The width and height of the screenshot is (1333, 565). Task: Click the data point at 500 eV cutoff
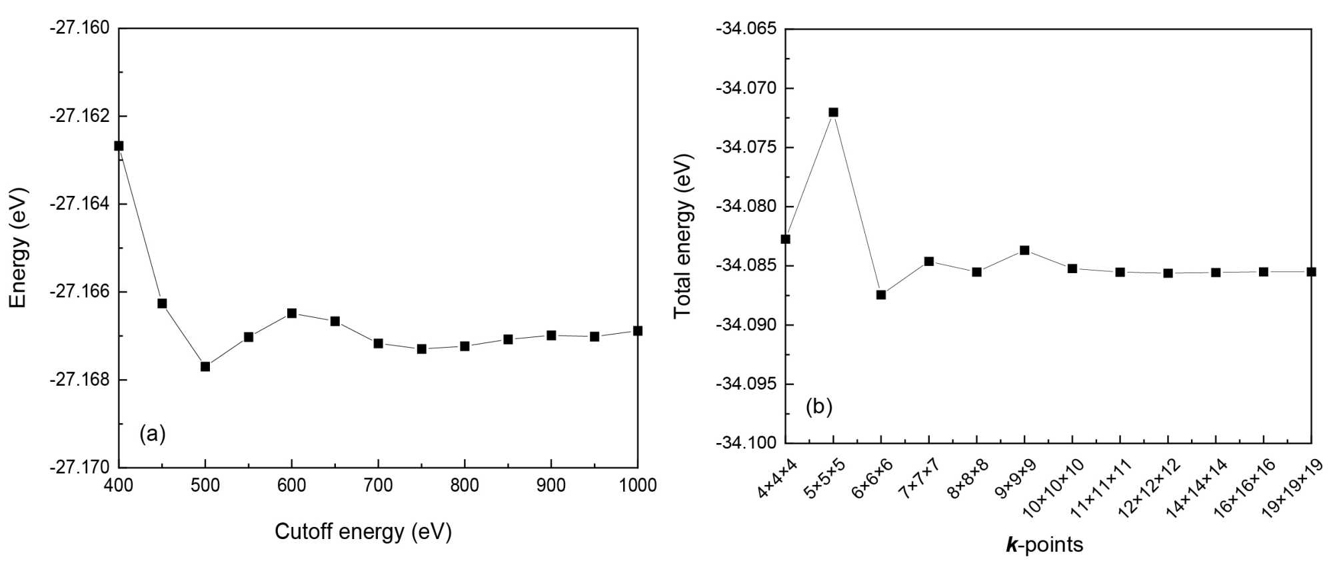205,366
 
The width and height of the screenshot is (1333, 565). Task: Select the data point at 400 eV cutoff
119,146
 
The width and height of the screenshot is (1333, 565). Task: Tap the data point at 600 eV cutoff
292,313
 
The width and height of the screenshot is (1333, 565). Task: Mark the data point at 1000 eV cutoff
638,330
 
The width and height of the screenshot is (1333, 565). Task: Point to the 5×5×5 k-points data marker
833,112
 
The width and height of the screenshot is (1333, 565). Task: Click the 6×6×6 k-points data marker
881,294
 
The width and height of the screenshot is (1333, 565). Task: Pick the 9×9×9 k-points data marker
1024,251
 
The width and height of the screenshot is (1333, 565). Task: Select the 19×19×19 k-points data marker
1311,272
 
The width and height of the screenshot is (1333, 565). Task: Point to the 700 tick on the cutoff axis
378,486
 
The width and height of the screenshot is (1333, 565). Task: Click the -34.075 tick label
746,147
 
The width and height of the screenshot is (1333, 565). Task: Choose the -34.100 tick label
746,442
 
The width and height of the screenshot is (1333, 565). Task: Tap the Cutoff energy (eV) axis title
363,532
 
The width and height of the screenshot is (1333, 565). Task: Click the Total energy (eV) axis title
683,237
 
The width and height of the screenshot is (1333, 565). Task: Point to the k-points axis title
1044,545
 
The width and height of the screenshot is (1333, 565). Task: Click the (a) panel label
152,434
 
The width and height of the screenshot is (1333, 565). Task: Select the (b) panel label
818,406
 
